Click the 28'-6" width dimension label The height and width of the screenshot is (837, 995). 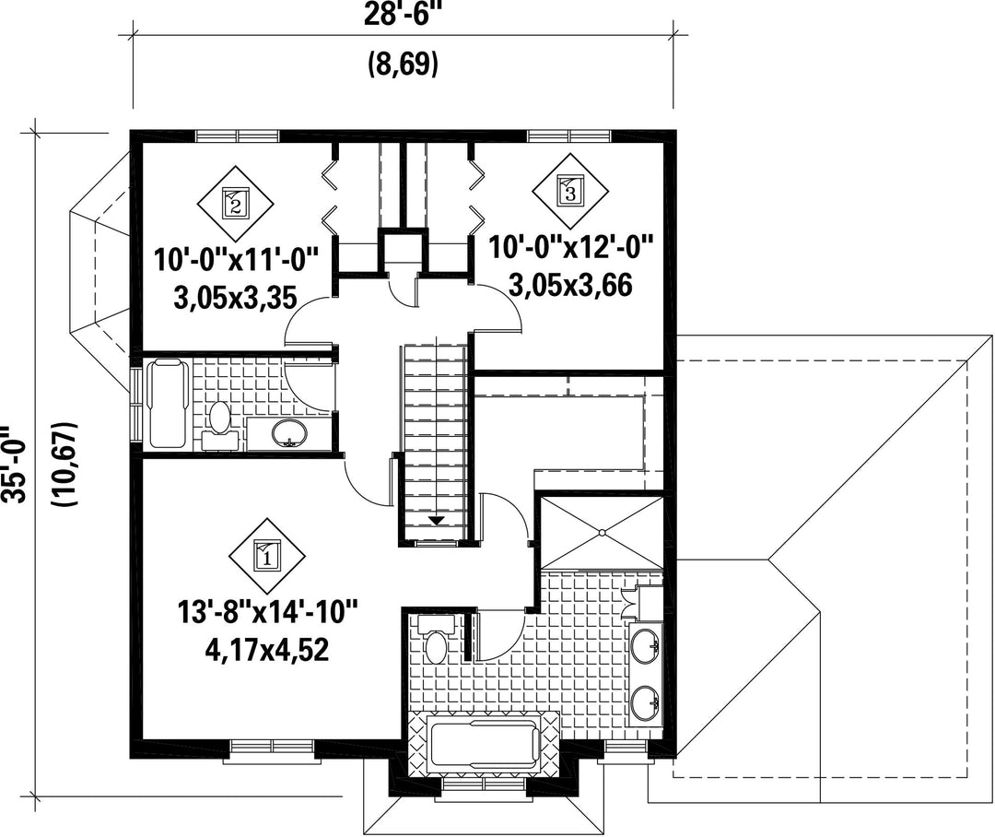403,14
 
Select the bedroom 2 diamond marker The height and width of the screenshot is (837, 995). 236,203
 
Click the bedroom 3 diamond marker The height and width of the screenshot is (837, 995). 569,189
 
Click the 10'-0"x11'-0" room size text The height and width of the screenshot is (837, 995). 235,260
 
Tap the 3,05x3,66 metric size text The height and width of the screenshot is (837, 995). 571,286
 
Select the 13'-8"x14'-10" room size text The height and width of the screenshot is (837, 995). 268,614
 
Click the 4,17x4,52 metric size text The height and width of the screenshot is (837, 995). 267,650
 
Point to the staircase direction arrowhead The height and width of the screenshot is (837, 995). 436,521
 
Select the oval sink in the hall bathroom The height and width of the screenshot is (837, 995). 289,434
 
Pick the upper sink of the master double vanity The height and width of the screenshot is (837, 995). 645,646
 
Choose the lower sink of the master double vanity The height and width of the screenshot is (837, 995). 645,703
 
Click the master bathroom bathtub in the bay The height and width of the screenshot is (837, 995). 486,745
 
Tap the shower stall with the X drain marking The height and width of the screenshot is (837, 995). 601,532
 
